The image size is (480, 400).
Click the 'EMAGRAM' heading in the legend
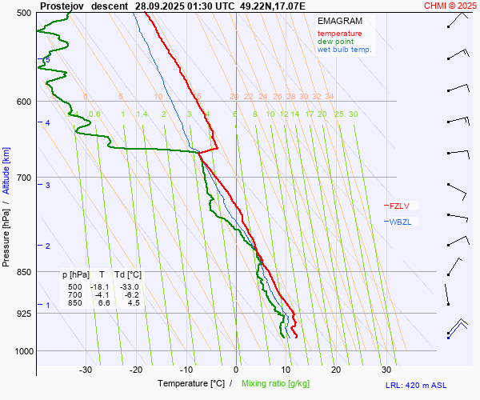coord(338,20)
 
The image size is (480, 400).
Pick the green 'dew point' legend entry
coord(336,42)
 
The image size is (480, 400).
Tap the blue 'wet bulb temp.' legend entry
coord(344,50)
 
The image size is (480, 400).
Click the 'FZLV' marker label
coord(398,206)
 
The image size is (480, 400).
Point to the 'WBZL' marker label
coord(399,222)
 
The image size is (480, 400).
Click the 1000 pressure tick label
coord(22,350)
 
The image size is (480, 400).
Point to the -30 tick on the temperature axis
coord(86,370)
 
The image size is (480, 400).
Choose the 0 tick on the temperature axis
coord(236,370)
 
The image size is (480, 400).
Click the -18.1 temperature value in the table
coord(99,286)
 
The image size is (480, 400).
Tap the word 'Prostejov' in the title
coord(62,6)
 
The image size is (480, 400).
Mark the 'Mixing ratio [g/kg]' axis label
coord(276,384)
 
